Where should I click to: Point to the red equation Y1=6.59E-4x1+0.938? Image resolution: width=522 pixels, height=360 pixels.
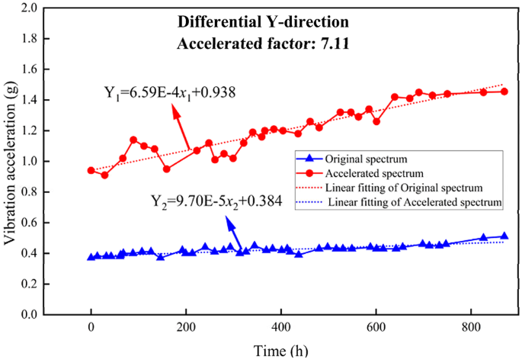click(169, 93)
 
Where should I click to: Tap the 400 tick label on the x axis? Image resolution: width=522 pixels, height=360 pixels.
click(280, 329)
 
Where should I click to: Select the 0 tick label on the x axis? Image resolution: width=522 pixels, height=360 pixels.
click(91, 329)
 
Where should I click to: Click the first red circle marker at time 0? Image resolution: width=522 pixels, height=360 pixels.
click(91, 171)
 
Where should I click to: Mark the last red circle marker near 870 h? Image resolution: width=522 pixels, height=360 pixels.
click(504, 92)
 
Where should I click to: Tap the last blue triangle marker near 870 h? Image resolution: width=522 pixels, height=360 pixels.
click(504, 236)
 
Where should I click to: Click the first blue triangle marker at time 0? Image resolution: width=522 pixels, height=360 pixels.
click(91, 257)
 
